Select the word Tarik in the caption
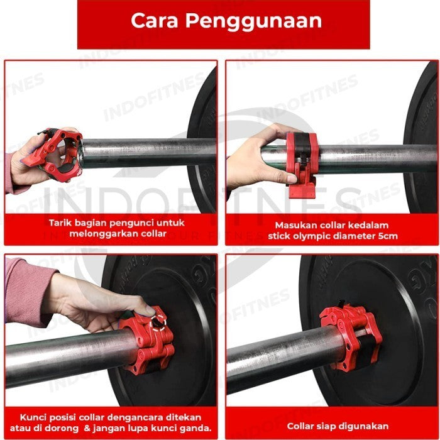(62, 223)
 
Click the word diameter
(355, 236)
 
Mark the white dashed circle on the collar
(157, 324)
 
